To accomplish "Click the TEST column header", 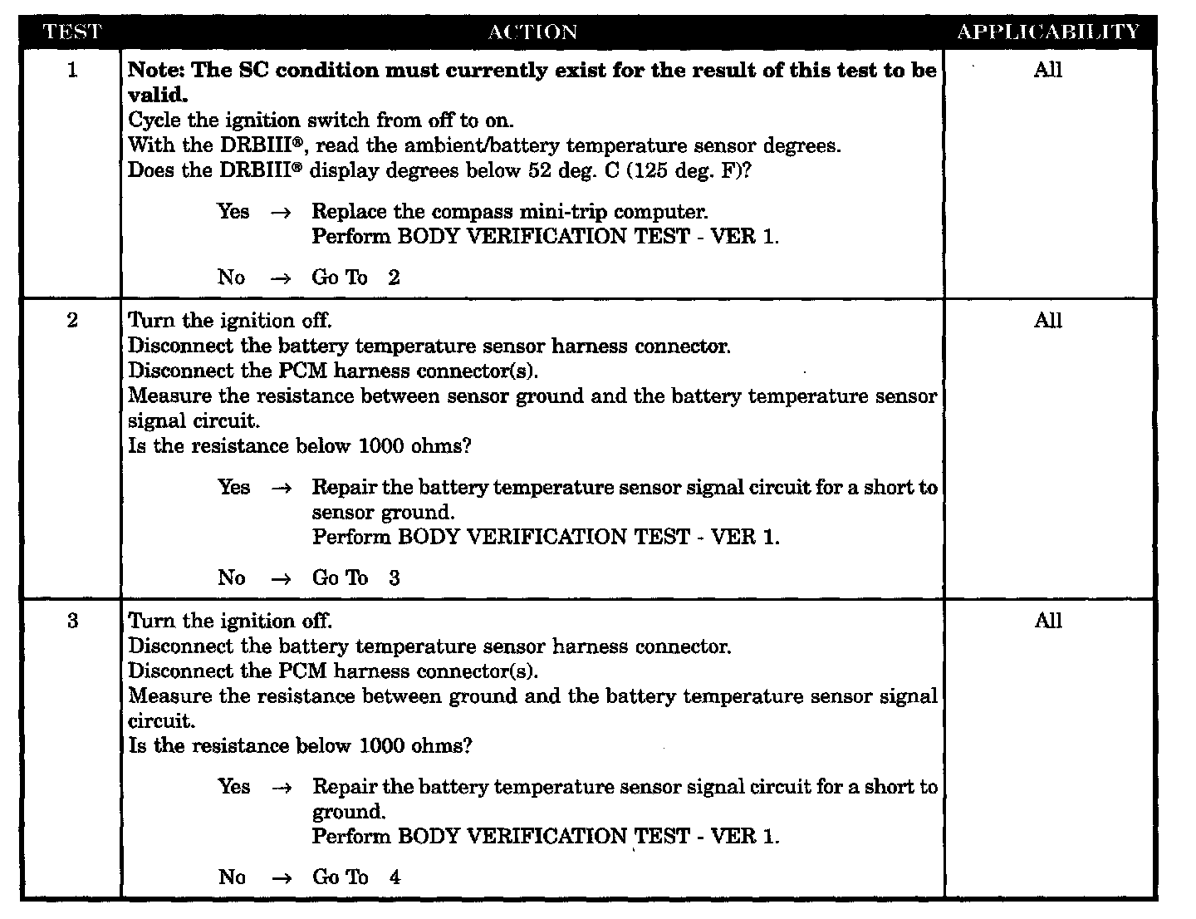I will (x=71, y=32).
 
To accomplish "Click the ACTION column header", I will (x=532, y=32).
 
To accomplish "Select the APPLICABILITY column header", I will (x=1048, y=32).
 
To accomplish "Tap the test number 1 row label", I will (x=72, y=71).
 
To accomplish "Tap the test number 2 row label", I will (x=72, y=321).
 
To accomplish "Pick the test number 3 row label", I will (x=72, y=621).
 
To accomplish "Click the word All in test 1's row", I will (x=1048, y=71).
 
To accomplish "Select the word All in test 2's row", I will (x=1048, y=321).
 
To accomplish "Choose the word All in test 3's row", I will (x=1048, y=621).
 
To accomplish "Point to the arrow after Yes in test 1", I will (x=282, y=213).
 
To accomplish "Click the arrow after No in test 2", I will (x=282, y=579).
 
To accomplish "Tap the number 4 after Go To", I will (x=395, y=877).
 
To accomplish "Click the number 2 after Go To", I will (x=394, y=278).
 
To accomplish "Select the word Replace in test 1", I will (x=344, y=212).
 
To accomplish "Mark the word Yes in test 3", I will (x=233, y=786).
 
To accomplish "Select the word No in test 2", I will (x=232, y=578).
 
